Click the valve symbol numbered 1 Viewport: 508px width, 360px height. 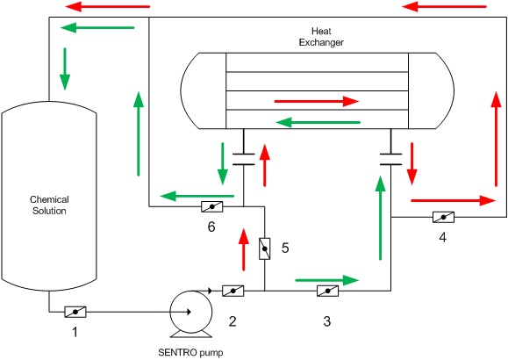tap(75, 312)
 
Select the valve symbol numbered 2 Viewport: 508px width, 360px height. tap(233, 291)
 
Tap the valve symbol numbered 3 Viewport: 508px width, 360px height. tap(327, 291)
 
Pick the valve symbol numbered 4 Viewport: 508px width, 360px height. tap(444, 217)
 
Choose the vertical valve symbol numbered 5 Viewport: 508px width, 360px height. tap(265, 248)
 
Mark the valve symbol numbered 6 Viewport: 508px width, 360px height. tap(211, 206)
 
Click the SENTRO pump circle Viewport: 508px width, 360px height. tap(191, 312)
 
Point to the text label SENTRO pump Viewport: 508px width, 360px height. tap(190, 352)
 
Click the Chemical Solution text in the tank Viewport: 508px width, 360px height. tap(49, 205)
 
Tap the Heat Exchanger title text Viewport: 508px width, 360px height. tap(321, 37)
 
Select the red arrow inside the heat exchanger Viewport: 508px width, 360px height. tap(317, 102)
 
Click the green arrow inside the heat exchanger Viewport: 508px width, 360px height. tap(318, 123)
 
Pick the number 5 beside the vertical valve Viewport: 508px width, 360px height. tap(285, 248)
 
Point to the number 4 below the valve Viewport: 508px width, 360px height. tap(442, 237)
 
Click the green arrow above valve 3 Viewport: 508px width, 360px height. tap(327, 280)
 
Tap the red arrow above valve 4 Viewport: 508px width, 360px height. tap(454, 200)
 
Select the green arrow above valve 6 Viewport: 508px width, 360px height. tap(197, 196)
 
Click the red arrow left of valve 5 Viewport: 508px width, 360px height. tap(244, 249)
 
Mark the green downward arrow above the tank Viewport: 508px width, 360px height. tap(65, 69)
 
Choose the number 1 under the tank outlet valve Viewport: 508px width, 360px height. tap(75, 332)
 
